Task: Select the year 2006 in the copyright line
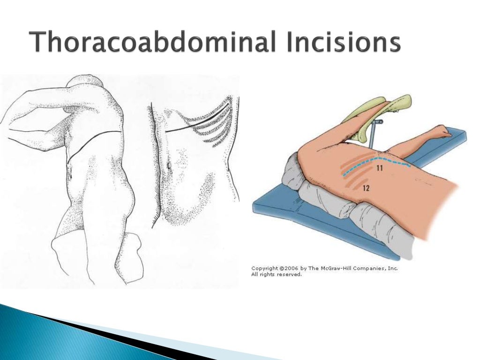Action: (289, 269)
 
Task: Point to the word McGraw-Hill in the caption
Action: (340, 269)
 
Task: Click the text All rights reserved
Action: (277, 275)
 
